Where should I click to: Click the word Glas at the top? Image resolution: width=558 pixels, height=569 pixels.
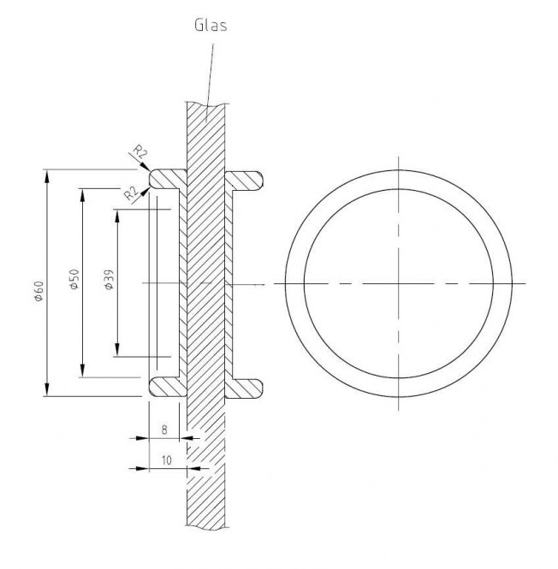211,26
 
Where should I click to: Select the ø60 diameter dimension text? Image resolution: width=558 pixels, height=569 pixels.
39,291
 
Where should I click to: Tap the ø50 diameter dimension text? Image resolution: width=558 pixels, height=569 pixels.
74,279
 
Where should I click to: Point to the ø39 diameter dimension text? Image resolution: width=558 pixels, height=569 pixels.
109,280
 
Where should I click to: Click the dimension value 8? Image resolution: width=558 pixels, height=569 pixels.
164,430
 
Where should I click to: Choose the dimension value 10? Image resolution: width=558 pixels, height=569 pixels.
166,460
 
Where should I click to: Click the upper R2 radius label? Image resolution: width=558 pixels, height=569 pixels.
140,151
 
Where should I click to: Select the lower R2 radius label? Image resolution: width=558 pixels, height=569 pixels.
132,193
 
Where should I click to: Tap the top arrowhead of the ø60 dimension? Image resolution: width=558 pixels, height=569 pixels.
47,177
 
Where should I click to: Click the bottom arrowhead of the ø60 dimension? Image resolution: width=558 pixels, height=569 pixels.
47,389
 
